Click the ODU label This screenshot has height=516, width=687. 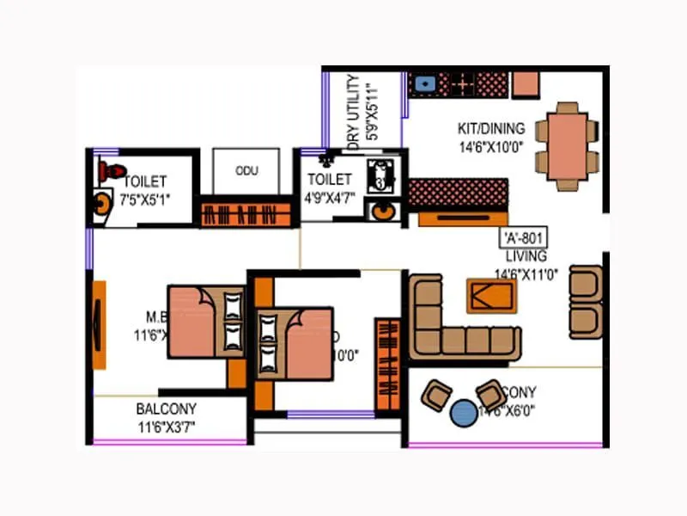coord(246,170)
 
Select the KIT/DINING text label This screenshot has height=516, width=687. coord(489,130)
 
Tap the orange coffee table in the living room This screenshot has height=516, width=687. coord(491,296)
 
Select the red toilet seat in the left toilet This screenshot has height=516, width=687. coord(108,171)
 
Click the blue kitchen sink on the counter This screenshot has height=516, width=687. coord(423,83)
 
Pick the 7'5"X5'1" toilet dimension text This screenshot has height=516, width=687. coord(145,199)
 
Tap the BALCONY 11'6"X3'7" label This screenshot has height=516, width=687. coord(166,417)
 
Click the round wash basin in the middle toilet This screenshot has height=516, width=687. coord(380,212)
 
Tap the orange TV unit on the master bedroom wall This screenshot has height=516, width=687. coord(99,324)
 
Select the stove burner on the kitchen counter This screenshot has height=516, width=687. coord(464,83)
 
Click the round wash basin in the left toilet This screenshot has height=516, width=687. coord(103,205)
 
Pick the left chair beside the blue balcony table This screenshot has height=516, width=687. coord(435,395)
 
